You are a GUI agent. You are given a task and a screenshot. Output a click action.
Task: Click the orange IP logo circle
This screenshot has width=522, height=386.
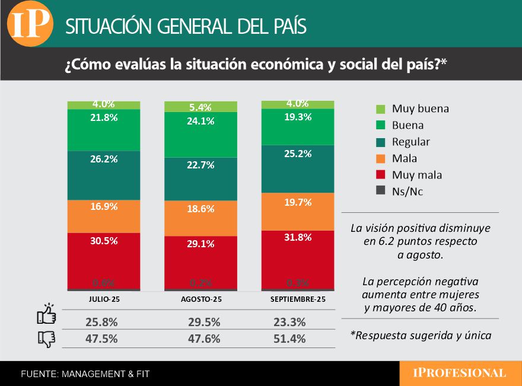30,24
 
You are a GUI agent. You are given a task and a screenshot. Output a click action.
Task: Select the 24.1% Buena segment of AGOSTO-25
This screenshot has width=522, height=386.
200,135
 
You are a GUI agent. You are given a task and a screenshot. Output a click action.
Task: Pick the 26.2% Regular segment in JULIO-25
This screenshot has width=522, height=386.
104,175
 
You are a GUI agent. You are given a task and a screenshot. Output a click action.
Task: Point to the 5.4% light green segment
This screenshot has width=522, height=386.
200,107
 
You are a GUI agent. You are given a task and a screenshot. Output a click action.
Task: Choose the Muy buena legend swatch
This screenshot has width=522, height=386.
381,109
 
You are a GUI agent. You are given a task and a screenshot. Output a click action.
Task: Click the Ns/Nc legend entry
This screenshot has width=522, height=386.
406,192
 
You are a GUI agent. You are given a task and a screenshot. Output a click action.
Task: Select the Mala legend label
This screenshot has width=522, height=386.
404,158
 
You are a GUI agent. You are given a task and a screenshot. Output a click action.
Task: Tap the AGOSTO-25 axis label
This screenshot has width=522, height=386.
201,300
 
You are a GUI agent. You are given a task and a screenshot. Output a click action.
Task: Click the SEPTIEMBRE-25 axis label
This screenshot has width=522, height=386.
298,300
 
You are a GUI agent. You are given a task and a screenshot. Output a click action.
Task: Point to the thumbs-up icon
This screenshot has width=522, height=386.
46,314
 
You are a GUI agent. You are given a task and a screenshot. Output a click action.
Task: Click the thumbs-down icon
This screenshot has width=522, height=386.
46,339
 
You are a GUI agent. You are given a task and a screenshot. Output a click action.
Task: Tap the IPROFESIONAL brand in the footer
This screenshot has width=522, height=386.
460,373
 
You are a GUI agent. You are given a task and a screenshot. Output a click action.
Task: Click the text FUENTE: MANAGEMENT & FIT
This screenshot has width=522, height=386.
85,374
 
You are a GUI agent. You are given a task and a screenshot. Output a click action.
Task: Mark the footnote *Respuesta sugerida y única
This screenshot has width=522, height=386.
421,335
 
